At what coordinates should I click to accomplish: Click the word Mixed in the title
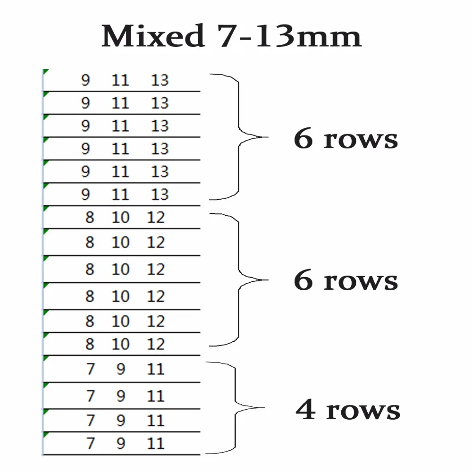tap(153, 36)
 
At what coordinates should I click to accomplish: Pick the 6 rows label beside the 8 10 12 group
tap(346, 280)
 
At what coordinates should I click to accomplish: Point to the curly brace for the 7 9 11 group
tap(235, 408)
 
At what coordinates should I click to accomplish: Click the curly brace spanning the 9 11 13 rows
tap(239, 137)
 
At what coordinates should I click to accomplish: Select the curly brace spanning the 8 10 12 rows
tap(239, 280)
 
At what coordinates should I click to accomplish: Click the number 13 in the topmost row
tap(160, 80)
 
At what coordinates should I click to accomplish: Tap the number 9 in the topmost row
tap(85, 80)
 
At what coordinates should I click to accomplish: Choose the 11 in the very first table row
tap(120, 80)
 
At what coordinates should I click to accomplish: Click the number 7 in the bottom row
tap(91, 443)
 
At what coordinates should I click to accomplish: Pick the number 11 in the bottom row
tap(156, 443)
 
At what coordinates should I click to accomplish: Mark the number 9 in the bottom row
tap(121, 443)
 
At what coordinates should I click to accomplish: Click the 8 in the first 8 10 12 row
tap(90, 217)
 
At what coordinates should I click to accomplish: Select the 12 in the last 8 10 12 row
tap(156, 344)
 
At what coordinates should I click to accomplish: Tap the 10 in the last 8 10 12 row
tap(121, 344)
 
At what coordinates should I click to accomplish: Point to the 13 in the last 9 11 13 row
tap(160, 194)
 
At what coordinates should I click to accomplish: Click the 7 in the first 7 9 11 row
tap(91, 369)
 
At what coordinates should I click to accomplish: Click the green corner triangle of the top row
tap(45, 71)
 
